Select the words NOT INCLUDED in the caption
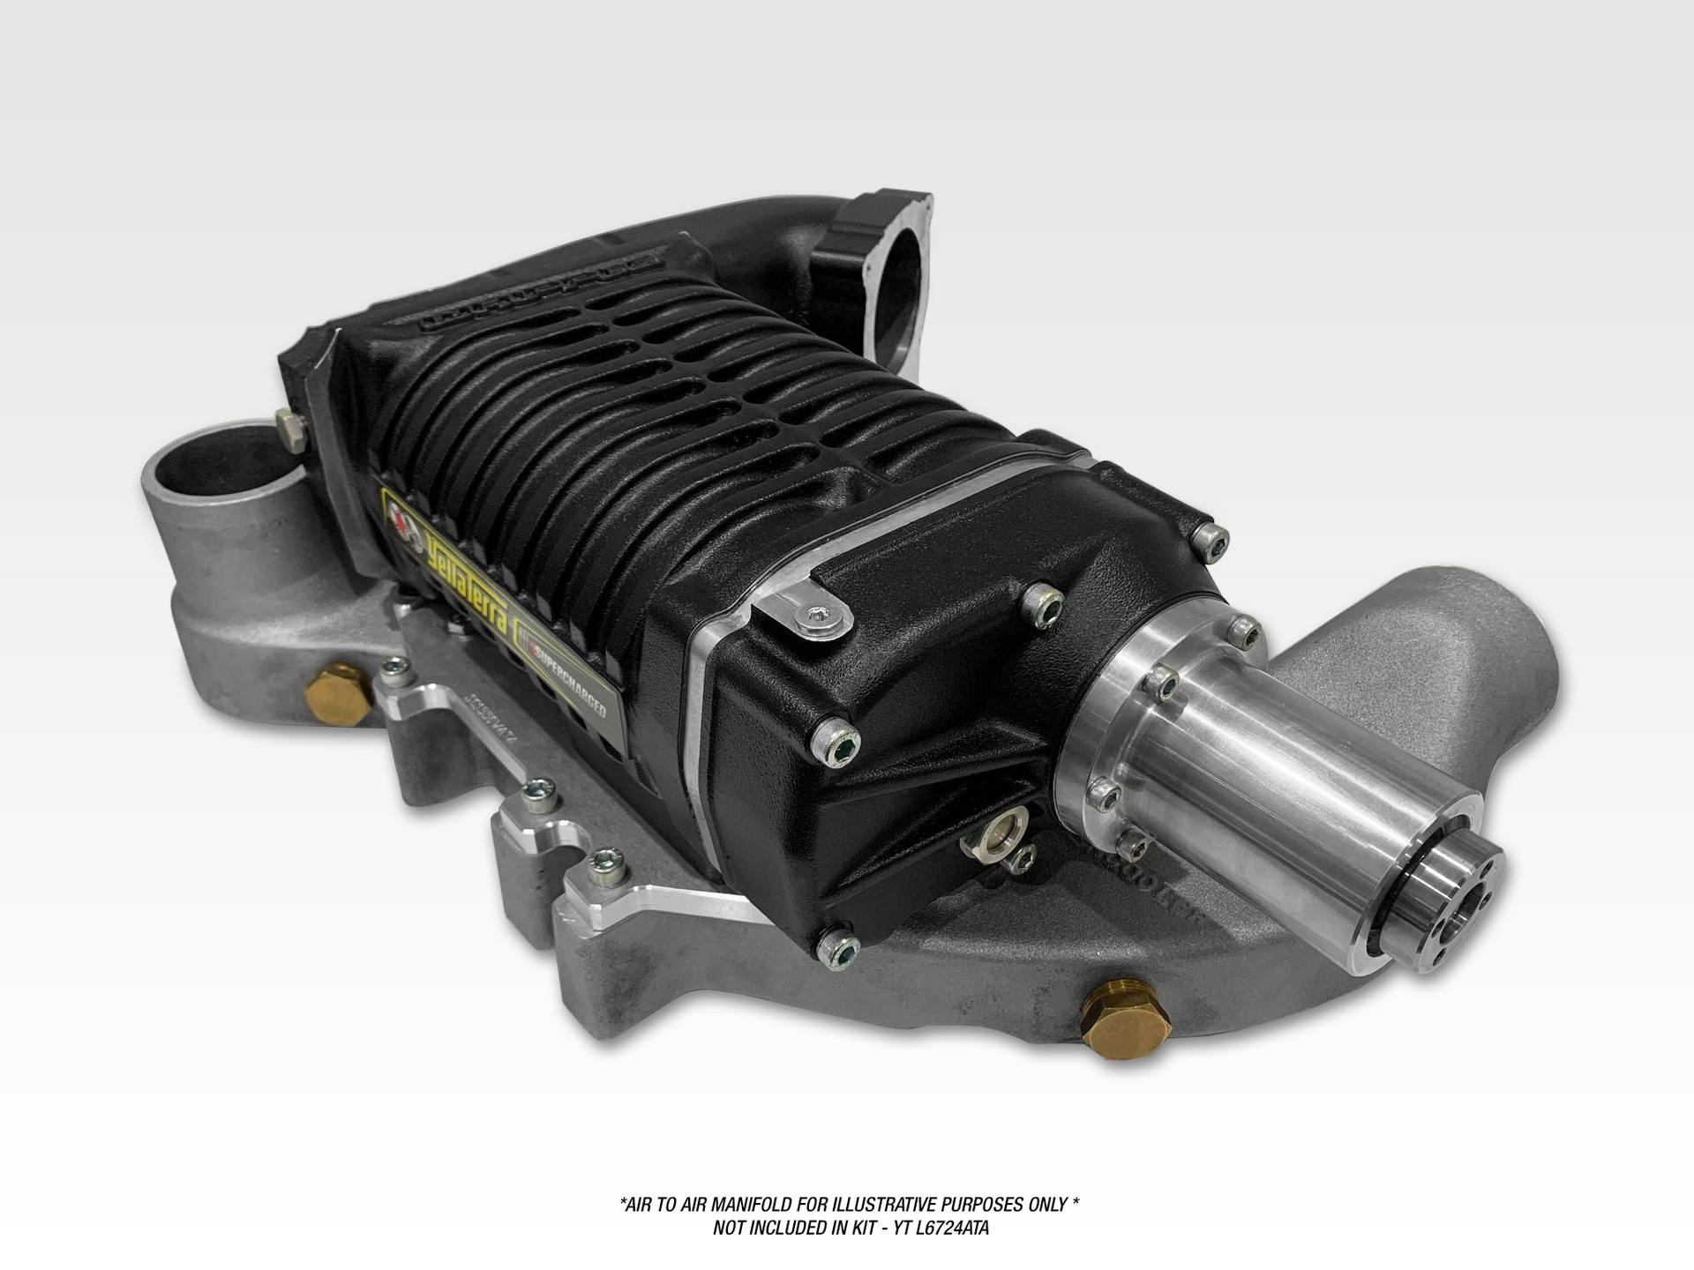coord(768,1229)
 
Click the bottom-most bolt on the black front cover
coord(838,947)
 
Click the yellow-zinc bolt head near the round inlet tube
coord(292,428)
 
